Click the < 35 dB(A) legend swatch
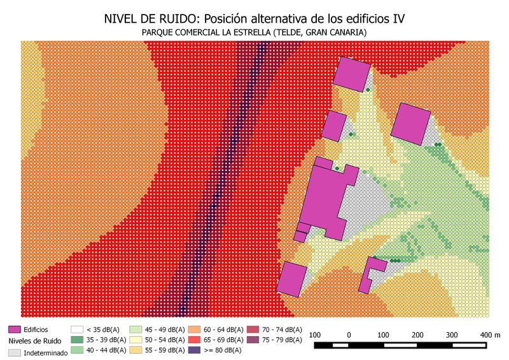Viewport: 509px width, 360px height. click(x=77, y=329)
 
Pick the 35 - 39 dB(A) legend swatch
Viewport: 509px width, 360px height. click(x=77, y=340)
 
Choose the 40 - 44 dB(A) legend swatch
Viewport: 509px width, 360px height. click(x=77, y=350)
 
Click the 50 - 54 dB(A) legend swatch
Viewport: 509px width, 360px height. click(x=136, y=340)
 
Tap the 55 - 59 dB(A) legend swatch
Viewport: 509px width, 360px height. click(x=136, y=350)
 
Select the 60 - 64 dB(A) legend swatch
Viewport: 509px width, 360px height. click(x=193, y=329)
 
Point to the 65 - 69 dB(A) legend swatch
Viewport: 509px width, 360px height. click(x=193, y=340)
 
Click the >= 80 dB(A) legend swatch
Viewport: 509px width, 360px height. click(x=193, y=350)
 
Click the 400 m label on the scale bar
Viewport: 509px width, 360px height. click(x=490, y=335)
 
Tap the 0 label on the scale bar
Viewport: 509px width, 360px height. click(x=349, y=335)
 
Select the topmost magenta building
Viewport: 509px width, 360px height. click(x=352, y=74)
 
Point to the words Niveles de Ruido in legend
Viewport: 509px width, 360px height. click(x=35, y=341)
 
